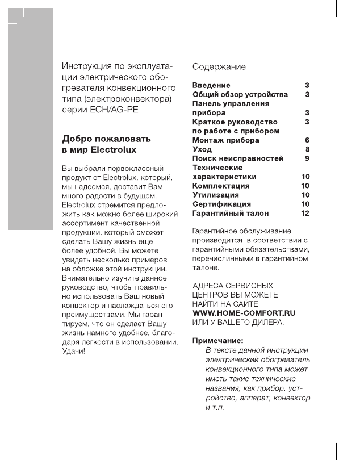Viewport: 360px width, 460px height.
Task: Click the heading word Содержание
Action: (219, 66)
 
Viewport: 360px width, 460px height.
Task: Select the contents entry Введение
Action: (211, 85)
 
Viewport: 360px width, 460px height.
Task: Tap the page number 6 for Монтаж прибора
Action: (307, 139)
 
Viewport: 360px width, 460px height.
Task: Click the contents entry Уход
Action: (203, 149)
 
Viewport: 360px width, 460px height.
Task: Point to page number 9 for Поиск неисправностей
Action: (307, 158)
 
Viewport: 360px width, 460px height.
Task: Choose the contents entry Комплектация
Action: (221, 186)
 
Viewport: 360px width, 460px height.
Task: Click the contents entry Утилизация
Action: (216, 195)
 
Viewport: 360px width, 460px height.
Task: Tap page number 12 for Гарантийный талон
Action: (305, 213)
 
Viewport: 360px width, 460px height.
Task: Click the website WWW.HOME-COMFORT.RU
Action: (245, 313)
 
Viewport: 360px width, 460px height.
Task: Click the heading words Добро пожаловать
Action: (107, 139)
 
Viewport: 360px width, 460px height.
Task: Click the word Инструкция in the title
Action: (85, 66)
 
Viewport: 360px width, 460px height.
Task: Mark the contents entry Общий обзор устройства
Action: (240, 94)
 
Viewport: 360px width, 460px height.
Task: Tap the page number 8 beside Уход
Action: (307, 149)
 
